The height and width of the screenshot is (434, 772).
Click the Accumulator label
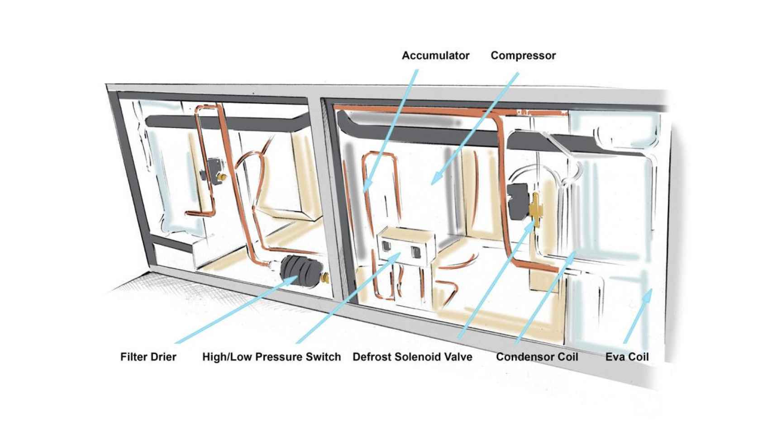point(435,56)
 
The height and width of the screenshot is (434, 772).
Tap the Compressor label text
point(523,56)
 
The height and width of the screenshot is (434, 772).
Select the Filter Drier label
point(148,357)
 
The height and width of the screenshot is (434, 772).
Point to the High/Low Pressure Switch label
point(272,357)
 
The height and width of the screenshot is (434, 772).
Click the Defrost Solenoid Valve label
point(412,357)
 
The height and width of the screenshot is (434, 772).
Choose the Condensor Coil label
point(537,357)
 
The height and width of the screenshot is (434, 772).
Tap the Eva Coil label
point(627,357)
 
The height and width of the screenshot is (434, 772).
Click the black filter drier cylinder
point(299,270)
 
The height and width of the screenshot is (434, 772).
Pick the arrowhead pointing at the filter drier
point(292,281)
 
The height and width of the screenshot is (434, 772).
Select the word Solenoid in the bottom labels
point(416,357)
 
